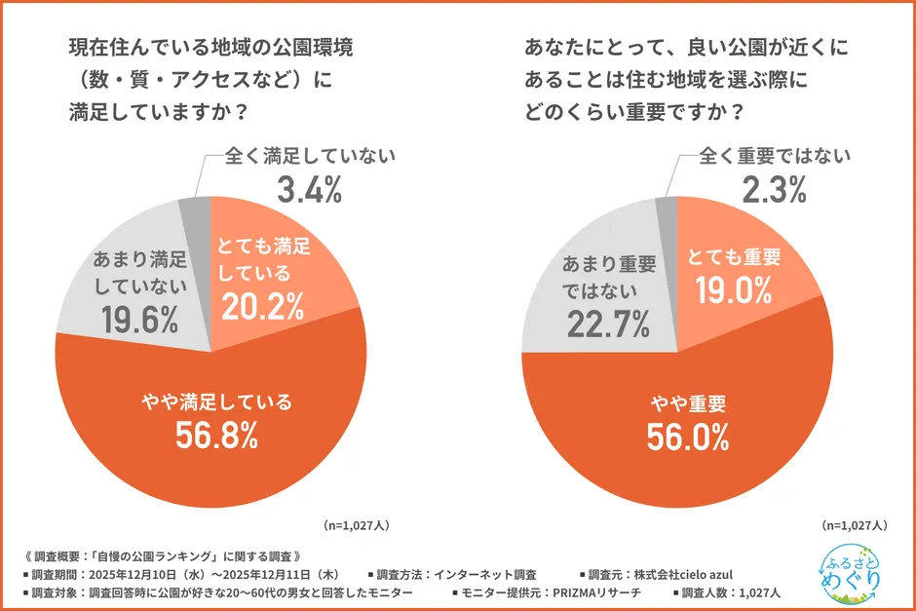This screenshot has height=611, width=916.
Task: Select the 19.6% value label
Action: point(139,318)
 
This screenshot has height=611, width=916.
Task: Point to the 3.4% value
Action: point(309,190)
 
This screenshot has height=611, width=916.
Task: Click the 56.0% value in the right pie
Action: point(688,438)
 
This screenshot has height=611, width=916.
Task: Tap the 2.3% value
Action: point(774,189)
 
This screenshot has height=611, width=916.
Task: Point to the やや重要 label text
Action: point(688,401)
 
